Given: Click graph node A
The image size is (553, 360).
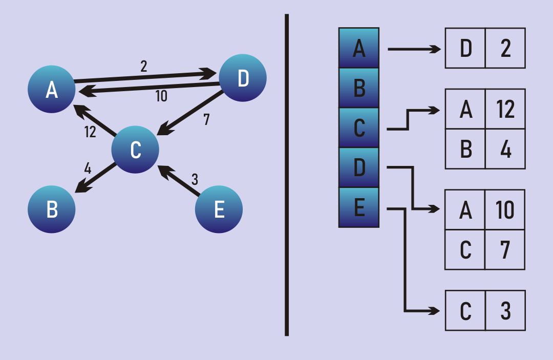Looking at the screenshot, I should [x=51, y=89].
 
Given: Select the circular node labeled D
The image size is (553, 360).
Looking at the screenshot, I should [x=243, y=78].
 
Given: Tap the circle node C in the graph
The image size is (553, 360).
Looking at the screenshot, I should [x=135, y=150].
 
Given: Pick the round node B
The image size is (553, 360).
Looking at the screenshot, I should [x=51, y=209].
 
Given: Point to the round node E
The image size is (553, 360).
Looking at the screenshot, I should [x=219, y=209].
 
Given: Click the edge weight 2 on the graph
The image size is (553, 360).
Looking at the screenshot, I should [x=143, y=66].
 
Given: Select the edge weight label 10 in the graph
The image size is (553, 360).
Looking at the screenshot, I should [x=161, y=96].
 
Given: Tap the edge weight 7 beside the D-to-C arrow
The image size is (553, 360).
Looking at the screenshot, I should [x=206, y=120].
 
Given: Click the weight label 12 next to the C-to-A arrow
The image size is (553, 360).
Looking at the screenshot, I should [x=90, y=132].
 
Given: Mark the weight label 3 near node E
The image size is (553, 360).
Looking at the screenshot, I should [x=195, y=180].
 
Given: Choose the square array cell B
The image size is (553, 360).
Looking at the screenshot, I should [x=359, y=88].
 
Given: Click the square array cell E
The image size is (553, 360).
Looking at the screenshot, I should [x=359, y=207].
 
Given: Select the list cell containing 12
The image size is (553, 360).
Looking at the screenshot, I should [x=505, y=109].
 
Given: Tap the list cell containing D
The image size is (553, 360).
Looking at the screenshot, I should [x=465, y=48].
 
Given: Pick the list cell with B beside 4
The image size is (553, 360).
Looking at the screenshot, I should [x=465, y=149].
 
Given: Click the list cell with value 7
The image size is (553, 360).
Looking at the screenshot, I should [x=505, y=249].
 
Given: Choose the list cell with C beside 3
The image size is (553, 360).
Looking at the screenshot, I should [x=465, y=310].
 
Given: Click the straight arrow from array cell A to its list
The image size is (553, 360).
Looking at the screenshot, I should [x=414, y=49].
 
